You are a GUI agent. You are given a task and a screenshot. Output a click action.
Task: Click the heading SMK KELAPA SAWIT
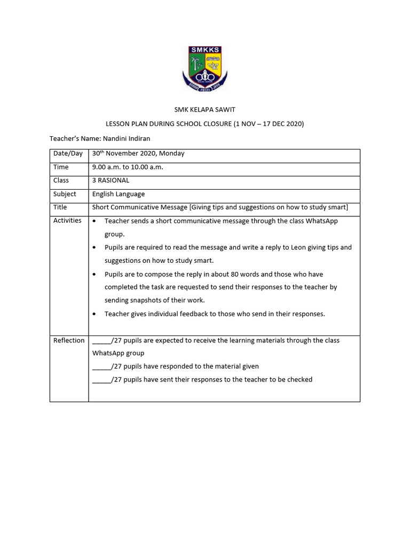pyautogui.click(x=205, y=110)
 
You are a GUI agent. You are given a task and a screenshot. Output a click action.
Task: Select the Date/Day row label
pyautogui.click(x=68, y=153)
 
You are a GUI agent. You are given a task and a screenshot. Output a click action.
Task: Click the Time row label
pyautogui.click(x=61, y=167)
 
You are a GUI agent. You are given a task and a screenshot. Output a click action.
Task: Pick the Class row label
pyautogui.click(x=61, y=181)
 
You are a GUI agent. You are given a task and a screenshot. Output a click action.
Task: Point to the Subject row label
pyautogui.click(x=65, y=194)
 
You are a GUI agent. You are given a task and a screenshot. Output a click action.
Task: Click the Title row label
pyautogui.click(x=60, y=207)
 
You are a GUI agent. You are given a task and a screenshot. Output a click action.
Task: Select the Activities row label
pyautogui.click(x=67, y=221)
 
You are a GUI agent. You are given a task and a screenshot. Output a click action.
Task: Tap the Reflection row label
pyautogui.click(x=69, y=340)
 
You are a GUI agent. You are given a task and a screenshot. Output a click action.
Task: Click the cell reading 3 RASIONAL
pyautogui.click(x=111, y=181)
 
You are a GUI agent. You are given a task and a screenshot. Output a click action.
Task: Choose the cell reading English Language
pyautogui.click(x=118, y=194)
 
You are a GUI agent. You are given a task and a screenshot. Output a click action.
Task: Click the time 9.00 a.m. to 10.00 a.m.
pyautogui.click(x=128, y=167)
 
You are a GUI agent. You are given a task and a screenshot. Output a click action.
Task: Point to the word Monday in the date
pyautogui.click(x=172, y=153)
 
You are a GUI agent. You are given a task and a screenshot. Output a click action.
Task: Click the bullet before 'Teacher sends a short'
pyautogui.click(x=94, y=221)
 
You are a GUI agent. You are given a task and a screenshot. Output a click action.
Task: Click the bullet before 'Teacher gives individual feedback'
pyautogui.click(x=94, y=314)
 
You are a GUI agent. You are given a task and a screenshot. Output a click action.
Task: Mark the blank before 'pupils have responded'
pyautogui.click(x=101, y=367)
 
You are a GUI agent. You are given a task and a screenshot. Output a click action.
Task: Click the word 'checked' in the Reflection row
pyautogui.click(x=300, y=380)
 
